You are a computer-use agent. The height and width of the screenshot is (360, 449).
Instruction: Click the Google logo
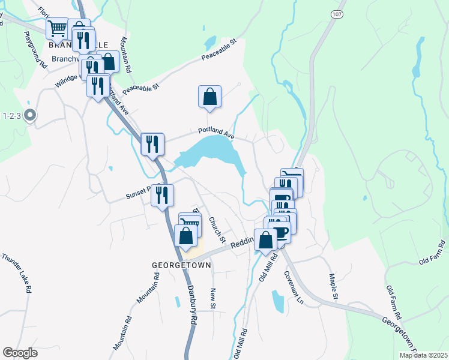pyautogui.click(x=20, y=353)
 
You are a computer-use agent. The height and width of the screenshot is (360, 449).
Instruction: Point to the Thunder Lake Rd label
pyautogui.click(x=16, y=272)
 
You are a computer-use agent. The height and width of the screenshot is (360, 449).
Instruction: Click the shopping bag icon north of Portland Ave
pyautogui.click(x=209, y=97)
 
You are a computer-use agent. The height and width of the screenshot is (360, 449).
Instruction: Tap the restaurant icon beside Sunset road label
pyautogui.click(x=162, y=195)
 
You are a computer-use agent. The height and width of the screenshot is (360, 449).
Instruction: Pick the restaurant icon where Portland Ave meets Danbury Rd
pyautogui.click(x=152, y=144)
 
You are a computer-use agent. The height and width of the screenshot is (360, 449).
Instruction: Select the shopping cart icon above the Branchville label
pyautogui.click(x=57, y=28)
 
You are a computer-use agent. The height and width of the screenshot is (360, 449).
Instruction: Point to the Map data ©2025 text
pyautogui.click(x=423, y=355)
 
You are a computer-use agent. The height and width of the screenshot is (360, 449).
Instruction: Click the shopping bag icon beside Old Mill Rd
pyautogui.click(x=265, y=239)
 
